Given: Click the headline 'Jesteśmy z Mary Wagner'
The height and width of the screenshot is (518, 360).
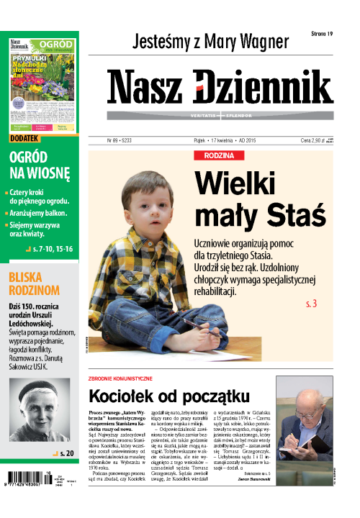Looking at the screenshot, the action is point(211,40).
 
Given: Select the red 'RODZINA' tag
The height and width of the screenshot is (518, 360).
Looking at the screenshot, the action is point(214,155).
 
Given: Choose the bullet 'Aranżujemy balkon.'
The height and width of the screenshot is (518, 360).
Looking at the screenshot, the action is point(40,213).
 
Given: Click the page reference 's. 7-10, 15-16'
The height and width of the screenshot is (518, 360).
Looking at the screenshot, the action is point(51,248).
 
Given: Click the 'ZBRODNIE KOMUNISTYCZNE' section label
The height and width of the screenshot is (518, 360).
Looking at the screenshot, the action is point(120,378).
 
